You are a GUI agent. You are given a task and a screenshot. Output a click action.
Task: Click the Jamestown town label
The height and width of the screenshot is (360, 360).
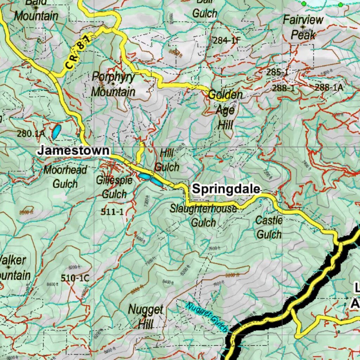click(73, 150)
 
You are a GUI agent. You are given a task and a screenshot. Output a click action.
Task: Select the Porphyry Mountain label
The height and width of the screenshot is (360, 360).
click(113, 84)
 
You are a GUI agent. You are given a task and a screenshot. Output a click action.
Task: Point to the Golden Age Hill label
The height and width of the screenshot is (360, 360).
click(225, 109)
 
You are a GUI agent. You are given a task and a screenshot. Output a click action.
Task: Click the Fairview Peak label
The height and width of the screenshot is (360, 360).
click(303, 27)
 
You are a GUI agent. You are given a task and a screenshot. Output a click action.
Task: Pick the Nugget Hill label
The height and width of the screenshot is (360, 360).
click(146, 316)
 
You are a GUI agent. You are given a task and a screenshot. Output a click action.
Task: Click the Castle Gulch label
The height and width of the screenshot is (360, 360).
click(269, 227)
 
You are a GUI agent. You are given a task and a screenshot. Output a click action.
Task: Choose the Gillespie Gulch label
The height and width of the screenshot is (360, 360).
click(114, 187)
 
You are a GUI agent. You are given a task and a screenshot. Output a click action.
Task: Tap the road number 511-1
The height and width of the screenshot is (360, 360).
click(112, 212)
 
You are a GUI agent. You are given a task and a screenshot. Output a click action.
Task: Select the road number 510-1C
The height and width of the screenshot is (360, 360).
click(75, 278)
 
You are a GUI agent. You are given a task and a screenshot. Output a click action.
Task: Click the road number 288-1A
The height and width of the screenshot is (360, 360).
click(329, 88)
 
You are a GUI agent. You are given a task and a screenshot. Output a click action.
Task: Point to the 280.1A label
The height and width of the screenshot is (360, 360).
click(31, 134)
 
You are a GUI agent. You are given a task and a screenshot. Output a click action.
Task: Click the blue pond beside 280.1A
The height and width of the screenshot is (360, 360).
click(56, 131)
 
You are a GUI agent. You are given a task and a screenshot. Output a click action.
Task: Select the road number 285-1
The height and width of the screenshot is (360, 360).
click(277, 73)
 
